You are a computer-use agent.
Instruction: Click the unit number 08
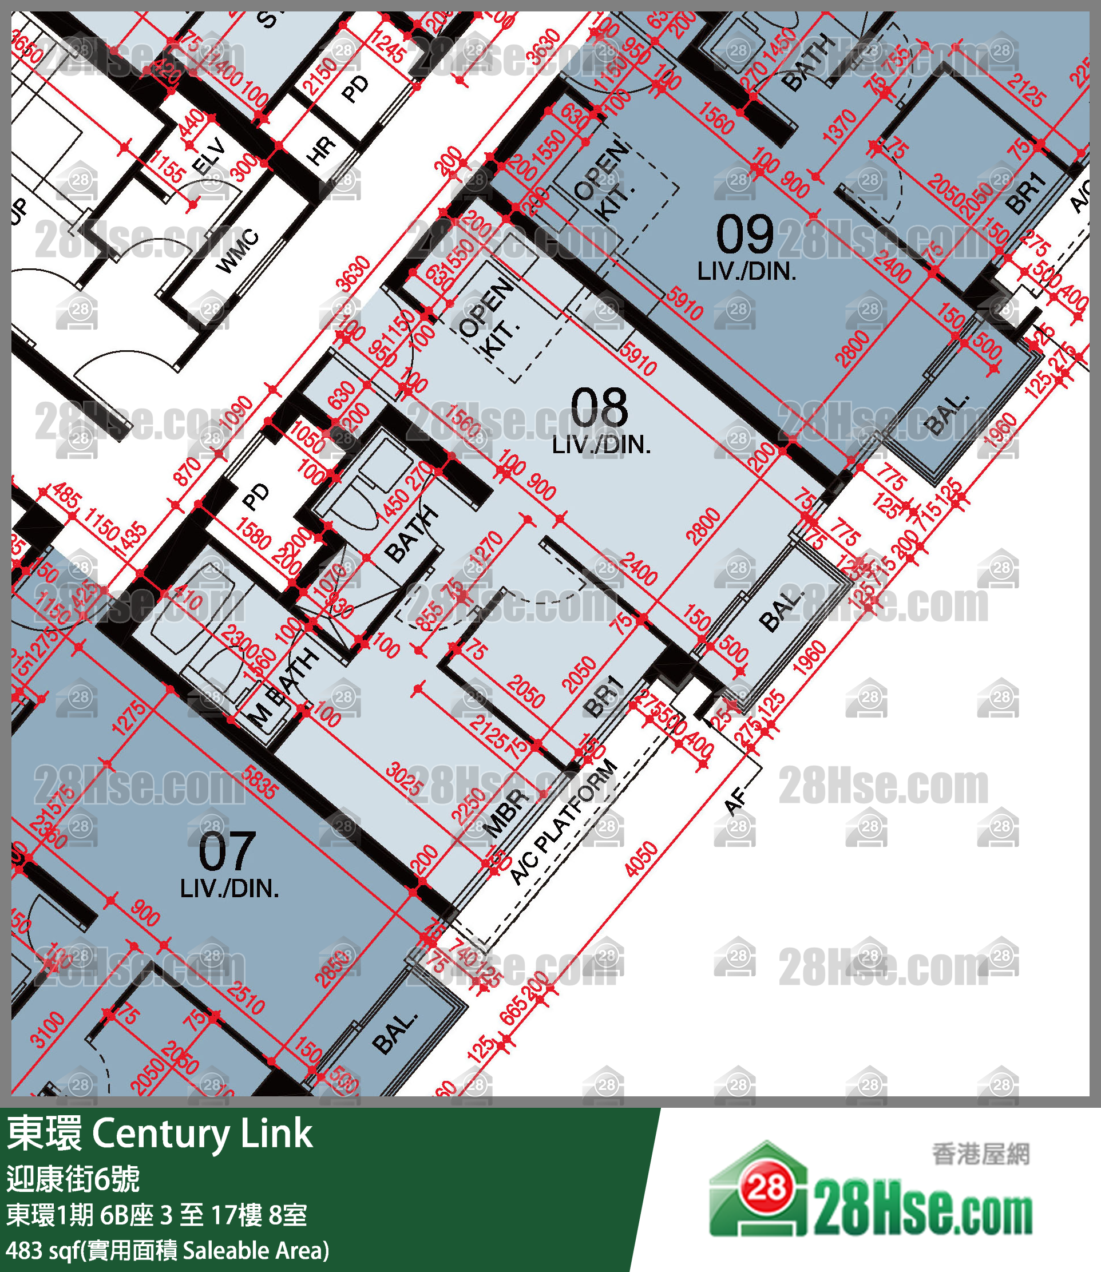coord(599,408)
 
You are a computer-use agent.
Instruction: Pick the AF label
coord(735,801)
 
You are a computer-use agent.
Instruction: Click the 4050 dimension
coord(641,859)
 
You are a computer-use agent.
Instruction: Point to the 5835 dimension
coord(259,782)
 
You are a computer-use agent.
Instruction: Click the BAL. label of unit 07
coord(394,1034)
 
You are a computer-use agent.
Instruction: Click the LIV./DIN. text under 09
coord(746,271)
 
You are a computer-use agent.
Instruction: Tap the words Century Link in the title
coord(202,1132)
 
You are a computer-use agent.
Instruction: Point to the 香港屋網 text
coord(980,1154)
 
